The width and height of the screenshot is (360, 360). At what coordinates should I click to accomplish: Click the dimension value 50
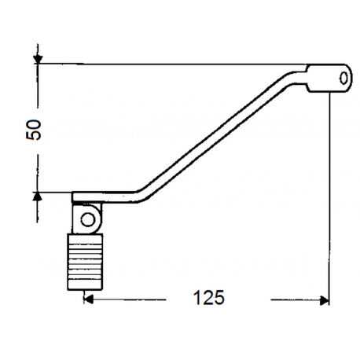(x=34, y=130)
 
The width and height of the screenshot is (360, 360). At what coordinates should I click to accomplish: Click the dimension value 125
(x=209, y=297)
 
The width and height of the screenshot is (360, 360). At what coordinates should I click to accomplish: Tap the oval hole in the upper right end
(x=343, y=78)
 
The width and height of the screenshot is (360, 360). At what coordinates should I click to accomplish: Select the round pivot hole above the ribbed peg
(x=88, y=219)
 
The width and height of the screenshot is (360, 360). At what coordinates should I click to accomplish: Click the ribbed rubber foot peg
(x=85, y=262)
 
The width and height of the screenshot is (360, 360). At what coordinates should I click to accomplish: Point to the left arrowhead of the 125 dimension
(x=89, y=299)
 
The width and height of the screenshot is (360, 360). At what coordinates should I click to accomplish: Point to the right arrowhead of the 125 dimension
(x=324, y=300)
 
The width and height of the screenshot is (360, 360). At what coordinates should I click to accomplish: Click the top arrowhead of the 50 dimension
(x=38, y=59)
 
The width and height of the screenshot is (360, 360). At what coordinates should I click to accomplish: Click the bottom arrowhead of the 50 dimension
(x=38, y=197)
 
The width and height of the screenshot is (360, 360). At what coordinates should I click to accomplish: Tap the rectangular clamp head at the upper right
(x=329, y=78)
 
